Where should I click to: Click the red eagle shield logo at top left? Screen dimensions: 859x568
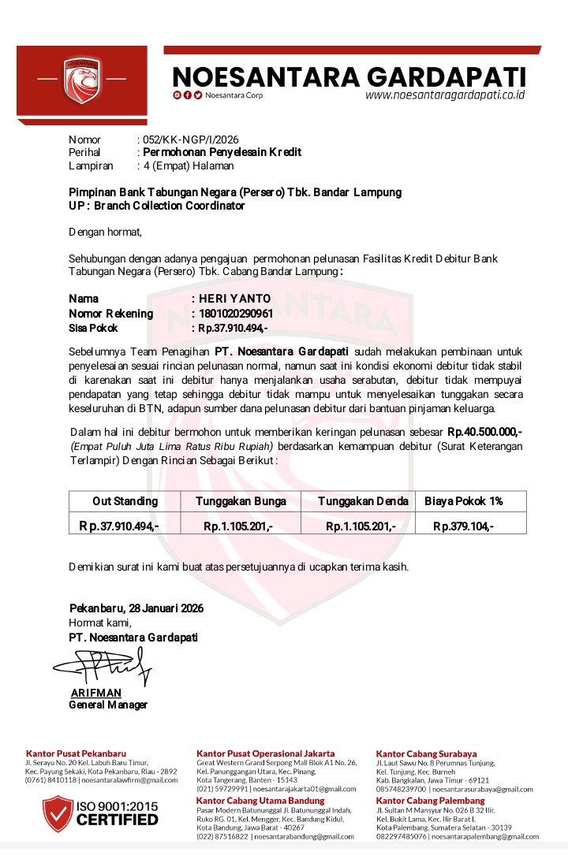(x=82, y=80)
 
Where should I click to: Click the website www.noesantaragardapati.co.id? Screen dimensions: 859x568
(x=445, y=95)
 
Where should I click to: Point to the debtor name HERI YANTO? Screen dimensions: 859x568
(x=234, y=299)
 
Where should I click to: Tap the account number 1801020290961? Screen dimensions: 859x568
(x=236, y=314)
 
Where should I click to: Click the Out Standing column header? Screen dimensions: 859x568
(x=125, y=501)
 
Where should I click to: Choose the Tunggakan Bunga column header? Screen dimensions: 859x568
(x=241, y=501)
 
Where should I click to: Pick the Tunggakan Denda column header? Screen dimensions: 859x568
(x=363, y=501)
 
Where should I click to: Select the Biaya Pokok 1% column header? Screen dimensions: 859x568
(x=464, y=501)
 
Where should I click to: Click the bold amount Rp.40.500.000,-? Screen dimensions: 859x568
(x=484, y=433)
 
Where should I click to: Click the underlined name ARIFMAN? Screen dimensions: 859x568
(x=96, y=693)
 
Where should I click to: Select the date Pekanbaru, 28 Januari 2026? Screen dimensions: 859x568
(x=136, y=608)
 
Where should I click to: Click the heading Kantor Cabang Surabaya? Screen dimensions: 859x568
(x=426, y=754)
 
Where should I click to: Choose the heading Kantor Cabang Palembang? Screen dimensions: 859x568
(x=430, y=801)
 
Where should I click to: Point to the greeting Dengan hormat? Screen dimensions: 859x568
(x=106, y=232)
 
